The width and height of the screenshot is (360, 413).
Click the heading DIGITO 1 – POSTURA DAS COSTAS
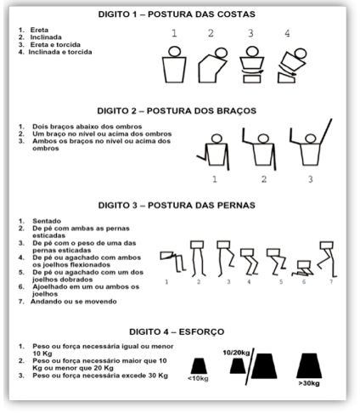tap(177, 14)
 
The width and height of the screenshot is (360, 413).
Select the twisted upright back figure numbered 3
tap(252, 65)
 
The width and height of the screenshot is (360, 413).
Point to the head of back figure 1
tap(174, 52)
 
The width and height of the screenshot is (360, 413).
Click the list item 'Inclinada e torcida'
tap(60, 52)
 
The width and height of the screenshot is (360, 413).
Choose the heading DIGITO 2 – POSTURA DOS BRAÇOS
tap(177, 110)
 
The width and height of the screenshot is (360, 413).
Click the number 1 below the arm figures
tap(215, 179)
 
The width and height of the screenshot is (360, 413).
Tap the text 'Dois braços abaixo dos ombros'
tap(87, 127)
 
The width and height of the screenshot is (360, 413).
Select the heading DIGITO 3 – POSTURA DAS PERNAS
tap(177, 205)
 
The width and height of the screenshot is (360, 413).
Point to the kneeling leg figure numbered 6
tap(303, 269)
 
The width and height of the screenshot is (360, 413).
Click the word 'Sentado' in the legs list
tap(47, 221)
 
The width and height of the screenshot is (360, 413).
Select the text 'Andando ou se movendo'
tap(74, 302)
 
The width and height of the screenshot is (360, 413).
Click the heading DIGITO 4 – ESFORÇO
tap(177, 331)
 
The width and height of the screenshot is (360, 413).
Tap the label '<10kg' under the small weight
tap(198, 379)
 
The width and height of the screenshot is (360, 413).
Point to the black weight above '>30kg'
tap(309, 365)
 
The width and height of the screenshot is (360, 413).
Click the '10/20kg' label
tap(236, 353)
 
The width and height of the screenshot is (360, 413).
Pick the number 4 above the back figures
tap(287, 33)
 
